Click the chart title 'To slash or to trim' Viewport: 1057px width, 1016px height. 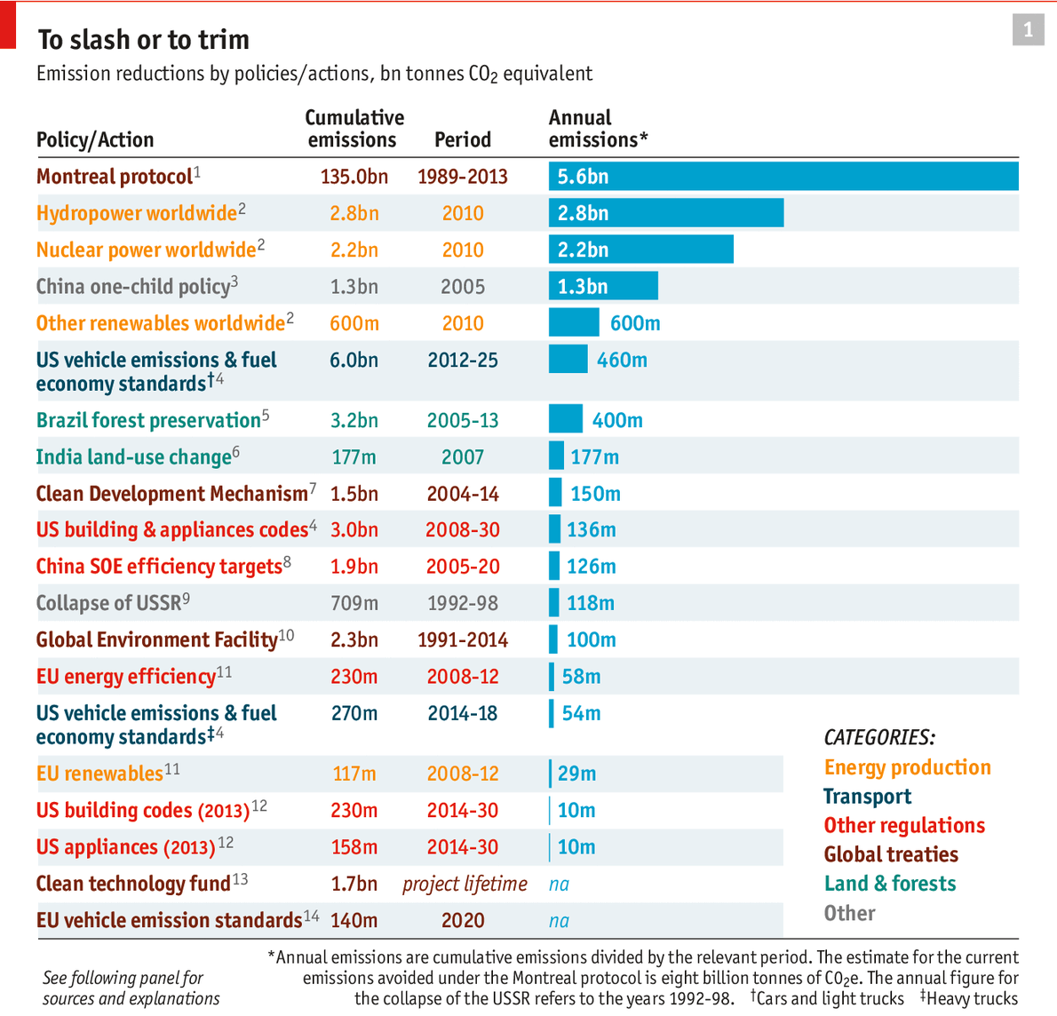pyautogui.click(x=143, y=40)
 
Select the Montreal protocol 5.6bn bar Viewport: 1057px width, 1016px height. pyautogui.click(x=783, y=176)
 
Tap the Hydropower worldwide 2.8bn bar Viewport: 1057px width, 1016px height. pyautogui.click(x=665, y=213)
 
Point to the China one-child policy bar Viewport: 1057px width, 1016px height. pyautogui.click(x=603, y=286)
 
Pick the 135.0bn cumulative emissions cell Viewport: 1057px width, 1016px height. pyautogui.click(x=354, y=177)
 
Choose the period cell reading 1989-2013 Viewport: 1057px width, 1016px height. pyautogui.click(x=462, y=177)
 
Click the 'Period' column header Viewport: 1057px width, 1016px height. pyautogui.click(x=462, y=140)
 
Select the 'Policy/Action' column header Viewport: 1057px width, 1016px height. pyautogui.click(x=95, y=140)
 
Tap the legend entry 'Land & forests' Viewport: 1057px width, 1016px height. pyautogui.click(x=890, y=884)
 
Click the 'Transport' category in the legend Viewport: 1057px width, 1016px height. pyautogui.click(x=867, y=797)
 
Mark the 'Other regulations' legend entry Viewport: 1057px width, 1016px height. pyautogui.click(x=904, y=826)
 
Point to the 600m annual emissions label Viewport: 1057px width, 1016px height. pyautogui.click(x=635, y=323)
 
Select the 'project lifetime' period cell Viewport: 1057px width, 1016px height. pyautogui.click(x=465, y=885)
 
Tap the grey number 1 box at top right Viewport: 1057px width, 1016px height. pyautogui.click(x=1028, y=30)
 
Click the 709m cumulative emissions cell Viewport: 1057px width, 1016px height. pyautogui.click(x=354, y=604)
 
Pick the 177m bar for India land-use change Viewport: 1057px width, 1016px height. pyautogui.click(x=556, y=456)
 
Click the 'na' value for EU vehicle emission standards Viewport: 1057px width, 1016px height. pyautogui.click(x=559, y=921)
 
